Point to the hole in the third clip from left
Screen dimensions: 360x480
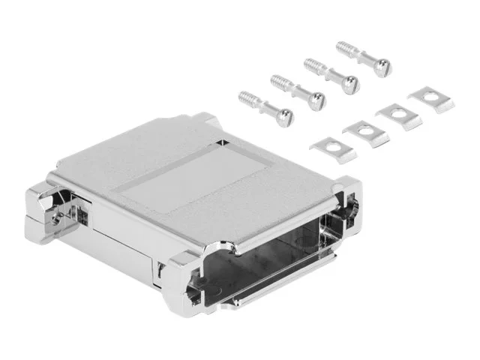pos(397,114)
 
